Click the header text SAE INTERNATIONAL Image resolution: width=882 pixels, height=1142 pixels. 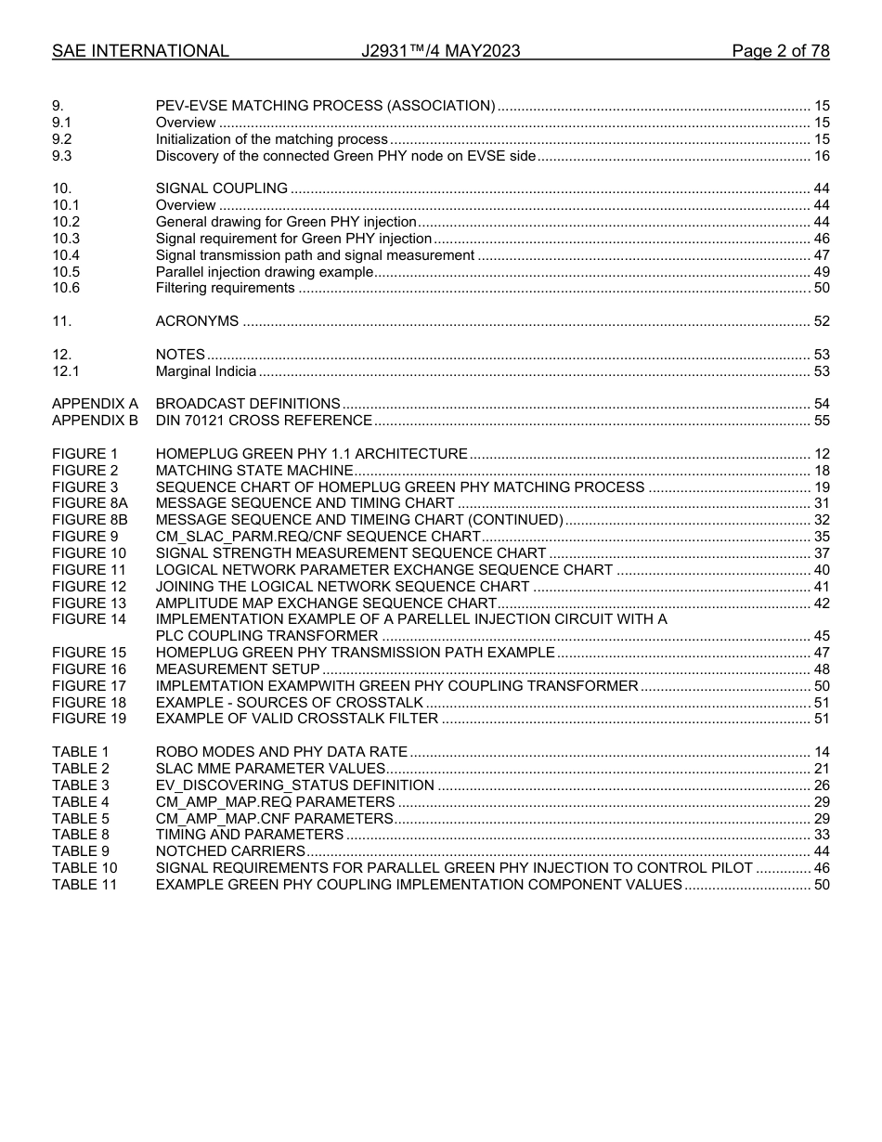(140, 51)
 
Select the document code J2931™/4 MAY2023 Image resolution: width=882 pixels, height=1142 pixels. (441, 51)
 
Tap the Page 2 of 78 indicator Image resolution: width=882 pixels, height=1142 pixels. (780, 51)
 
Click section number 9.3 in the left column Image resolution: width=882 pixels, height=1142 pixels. (62, 156)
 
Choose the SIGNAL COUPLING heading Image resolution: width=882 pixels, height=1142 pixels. (222, 188)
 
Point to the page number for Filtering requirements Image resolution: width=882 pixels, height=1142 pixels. (821, 288)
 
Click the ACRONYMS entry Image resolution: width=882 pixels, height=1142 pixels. (197, 321)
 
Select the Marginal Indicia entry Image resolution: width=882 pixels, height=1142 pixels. (206, 371)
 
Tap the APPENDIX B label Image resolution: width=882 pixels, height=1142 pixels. (95, 421)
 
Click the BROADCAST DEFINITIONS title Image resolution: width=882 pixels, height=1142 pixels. (248, 404)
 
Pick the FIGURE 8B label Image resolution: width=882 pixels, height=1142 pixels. (89, 520)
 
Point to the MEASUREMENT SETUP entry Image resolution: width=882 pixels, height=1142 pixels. (238, 669)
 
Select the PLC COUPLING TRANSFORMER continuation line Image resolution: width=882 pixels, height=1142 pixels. (266, 636)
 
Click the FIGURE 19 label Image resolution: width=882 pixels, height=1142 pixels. (88, 719)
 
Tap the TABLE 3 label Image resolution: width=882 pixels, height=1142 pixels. (81, 785)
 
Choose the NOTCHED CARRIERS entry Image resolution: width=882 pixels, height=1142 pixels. (230, 851)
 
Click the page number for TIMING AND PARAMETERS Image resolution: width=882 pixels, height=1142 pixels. (821, 835)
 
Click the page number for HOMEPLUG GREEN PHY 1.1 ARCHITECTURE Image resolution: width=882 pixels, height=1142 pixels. (821, 454)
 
